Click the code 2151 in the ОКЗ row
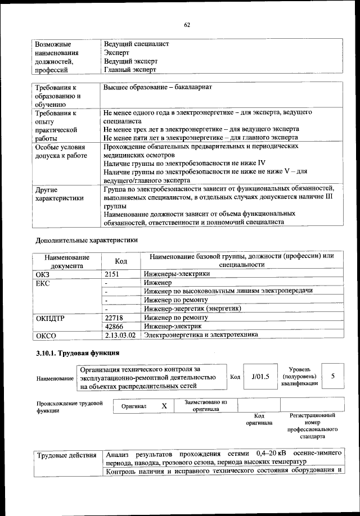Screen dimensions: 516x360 113,274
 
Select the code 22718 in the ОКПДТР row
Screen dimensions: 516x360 114,318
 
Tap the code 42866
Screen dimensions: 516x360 114,326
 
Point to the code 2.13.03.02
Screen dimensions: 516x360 120,335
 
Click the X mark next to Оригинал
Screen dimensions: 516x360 164,405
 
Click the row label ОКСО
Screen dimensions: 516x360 46,336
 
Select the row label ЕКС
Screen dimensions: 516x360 43,283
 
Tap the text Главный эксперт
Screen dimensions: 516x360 130,70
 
